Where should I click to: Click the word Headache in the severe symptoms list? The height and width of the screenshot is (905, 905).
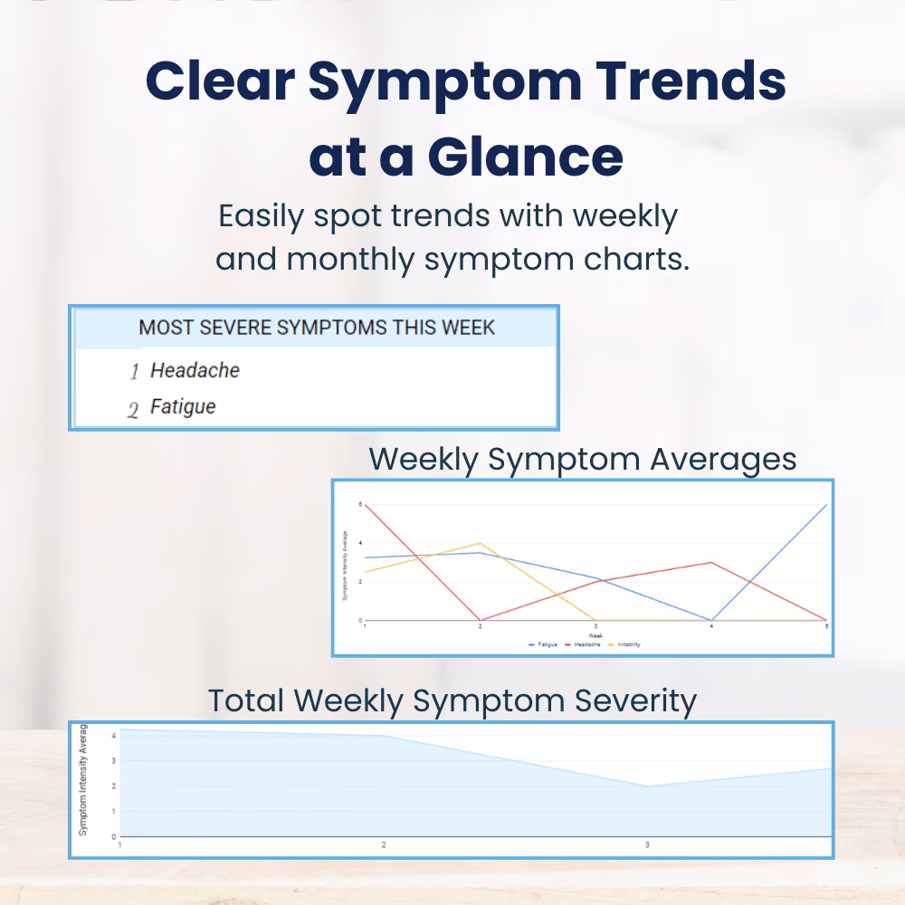[195, 370]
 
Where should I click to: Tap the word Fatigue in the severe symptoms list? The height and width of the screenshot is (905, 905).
[183, 407]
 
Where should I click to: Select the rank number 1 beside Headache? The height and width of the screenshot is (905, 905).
[134, 372]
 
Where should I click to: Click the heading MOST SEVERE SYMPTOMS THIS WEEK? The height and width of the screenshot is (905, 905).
[317, 328]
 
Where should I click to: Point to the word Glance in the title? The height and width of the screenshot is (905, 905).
[525, 156]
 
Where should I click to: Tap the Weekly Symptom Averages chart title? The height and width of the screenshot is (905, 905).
[583, 459]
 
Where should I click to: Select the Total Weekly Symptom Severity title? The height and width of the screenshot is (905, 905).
[452, 700]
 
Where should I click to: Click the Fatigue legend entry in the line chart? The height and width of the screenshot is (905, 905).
[542, 644]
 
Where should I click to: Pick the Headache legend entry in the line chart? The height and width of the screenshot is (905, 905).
[580, 644]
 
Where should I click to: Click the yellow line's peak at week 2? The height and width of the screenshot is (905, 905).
[480, 543]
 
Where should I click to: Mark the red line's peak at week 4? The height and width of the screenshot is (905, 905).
[711, 562]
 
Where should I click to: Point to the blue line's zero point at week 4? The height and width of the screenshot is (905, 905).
[711, 620]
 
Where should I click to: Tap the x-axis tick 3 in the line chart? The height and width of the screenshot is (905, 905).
[595, 627]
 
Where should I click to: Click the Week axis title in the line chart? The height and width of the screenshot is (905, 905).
[595, 635]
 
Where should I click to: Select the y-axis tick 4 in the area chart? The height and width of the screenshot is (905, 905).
[113, 736]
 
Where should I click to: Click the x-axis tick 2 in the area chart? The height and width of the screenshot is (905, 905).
[384, 844]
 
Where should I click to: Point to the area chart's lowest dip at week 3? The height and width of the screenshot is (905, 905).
[646, 786]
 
